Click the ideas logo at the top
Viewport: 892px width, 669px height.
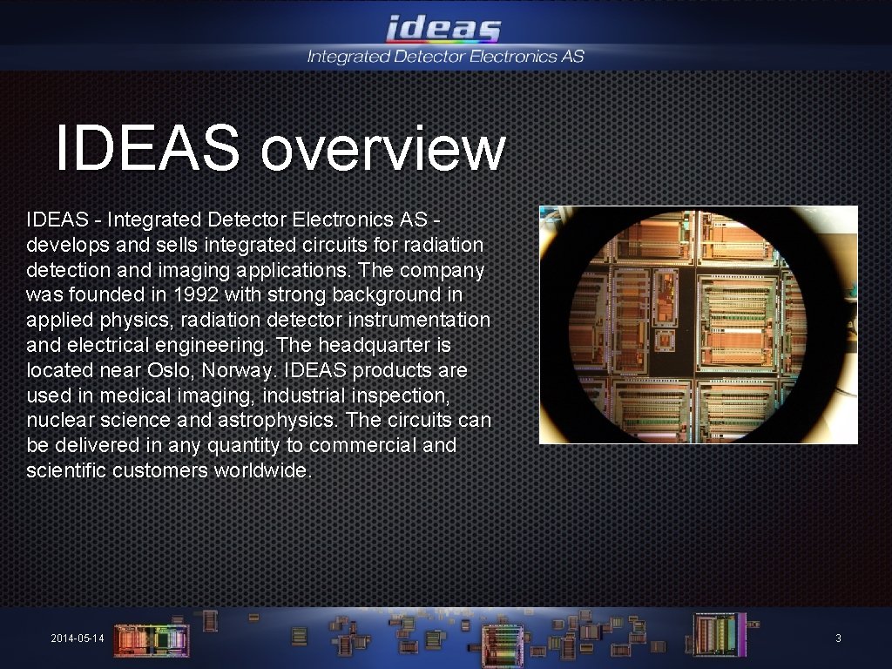pyautogui.click(x=444, y=30)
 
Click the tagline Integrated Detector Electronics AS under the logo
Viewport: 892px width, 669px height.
pyautogui.click(x=445, y=57)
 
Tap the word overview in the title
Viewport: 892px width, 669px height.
pyautogui.click(x=382, y=148)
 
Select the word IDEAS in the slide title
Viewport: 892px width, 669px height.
pyautogui.click(x=146, y=148)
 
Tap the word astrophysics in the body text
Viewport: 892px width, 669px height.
pyautogui.click(x=283, y=420)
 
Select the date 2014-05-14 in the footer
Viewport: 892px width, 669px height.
pyautogui.click(x=78, y=639)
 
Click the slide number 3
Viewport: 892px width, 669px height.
pyautogui.click(x=838, y=639)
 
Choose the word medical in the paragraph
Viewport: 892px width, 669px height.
pyautogui.click(x=129, y=395)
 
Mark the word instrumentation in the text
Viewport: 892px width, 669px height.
pyautogui.click(x=418, y=320)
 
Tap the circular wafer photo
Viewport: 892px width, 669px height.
pyautogui.click(x=698, y=325)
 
